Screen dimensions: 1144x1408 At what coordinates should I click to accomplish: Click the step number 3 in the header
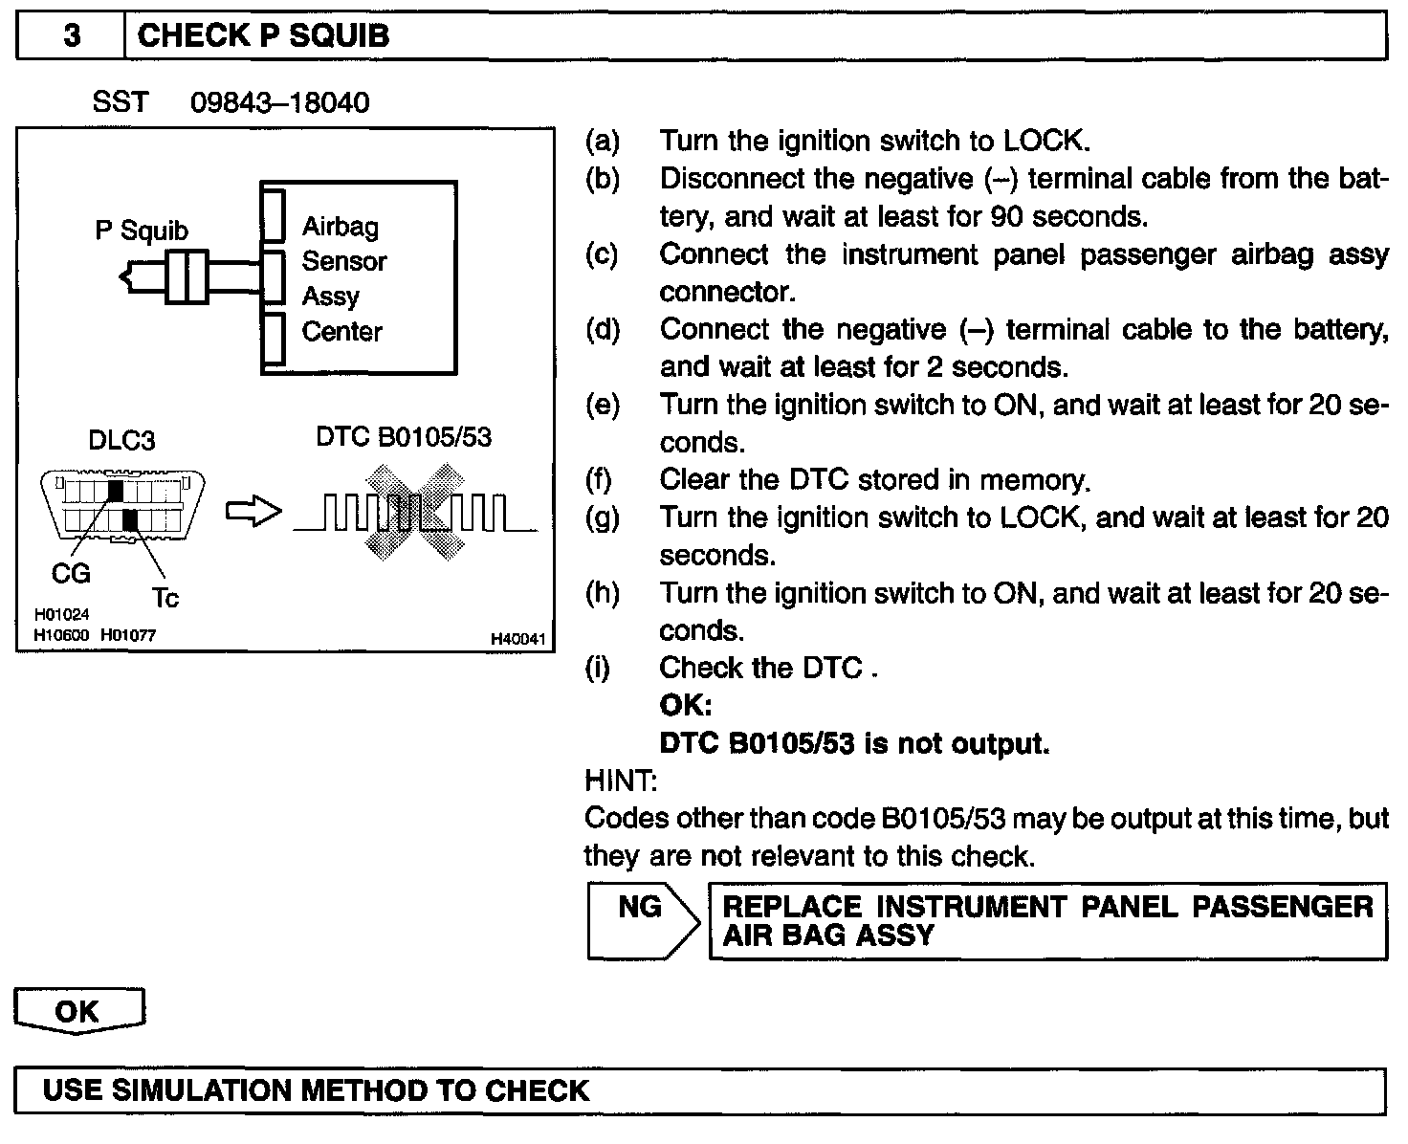(72, 36)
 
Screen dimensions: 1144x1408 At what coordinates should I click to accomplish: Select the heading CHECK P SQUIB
(263, 36)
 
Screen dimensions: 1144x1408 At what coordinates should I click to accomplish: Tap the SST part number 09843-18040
(279, 102)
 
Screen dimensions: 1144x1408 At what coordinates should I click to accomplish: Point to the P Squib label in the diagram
(142, 231)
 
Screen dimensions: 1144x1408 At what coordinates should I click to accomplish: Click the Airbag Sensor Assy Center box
(359, 277)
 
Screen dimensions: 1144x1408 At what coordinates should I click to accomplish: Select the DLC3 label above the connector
(121, 441)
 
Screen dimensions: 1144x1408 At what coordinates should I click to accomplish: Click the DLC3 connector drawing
(121, 506)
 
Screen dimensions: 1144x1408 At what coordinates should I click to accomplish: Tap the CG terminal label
(71, 574)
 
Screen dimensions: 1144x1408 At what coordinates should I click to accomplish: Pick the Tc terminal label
(165, 599)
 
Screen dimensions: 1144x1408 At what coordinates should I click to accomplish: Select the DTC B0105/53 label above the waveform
(404, 438)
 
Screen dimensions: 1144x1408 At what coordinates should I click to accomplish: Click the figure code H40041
(517, 638)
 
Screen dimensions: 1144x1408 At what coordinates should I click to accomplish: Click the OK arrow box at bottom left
(78, 1012)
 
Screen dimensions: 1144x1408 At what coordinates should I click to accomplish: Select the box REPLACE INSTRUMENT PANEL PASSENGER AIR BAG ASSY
(1047, 920)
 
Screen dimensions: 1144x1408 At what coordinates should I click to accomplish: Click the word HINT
(620, 781)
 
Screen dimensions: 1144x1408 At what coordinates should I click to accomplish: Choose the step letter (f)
(602, 479)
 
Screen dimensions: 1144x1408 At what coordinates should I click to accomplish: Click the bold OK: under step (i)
(686, 706)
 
